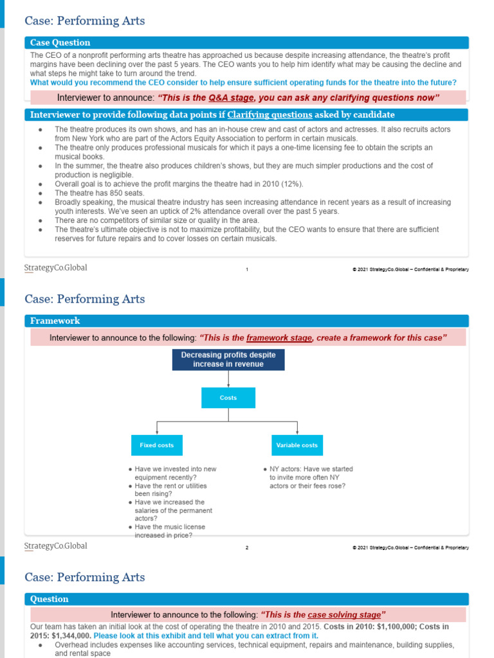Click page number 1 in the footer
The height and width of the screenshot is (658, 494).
(x=247, y=269)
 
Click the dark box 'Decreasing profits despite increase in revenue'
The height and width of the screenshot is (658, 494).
(x=228, y=360)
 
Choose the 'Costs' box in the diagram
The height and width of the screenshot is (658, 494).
(x=228, y=398)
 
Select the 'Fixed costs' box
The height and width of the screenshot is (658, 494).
(x=157, y=445)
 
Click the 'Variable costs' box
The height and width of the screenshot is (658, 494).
(x=297, y=445)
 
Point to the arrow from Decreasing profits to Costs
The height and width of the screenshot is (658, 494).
(x=228, y=379)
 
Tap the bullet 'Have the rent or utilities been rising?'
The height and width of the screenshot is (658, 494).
(x=170, y=490)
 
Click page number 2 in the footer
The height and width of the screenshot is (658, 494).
(x=247, y=547)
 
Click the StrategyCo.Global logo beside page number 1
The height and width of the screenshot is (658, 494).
(x=56, y=268)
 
